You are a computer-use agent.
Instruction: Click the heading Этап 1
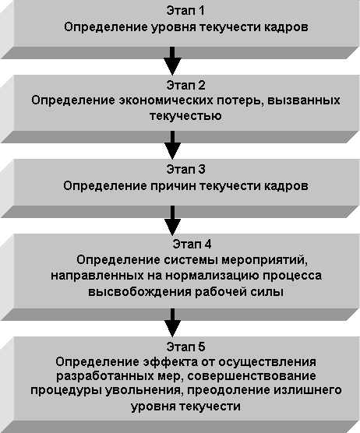185,11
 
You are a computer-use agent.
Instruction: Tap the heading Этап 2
185,86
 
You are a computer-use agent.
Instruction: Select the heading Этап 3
185,169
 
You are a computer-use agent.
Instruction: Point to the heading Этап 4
192,244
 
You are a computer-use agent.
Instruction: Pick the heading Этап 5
185,347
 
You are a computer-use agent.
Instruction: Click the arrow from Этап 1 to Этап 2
172,61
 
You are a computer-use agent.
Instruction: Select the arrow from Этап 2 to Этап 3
172,145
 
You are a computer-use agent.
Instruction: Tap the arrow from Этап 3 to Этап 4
172,220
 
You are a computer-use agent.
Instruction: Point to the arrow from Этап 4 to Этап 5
172,323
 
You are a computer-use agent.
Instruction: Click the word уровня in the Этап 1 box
173,28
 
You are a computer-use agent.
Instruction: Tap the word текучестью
185,116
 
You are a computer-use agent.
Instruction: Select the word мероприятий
265,260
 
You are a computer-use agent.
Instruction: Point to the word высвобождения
139,292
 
